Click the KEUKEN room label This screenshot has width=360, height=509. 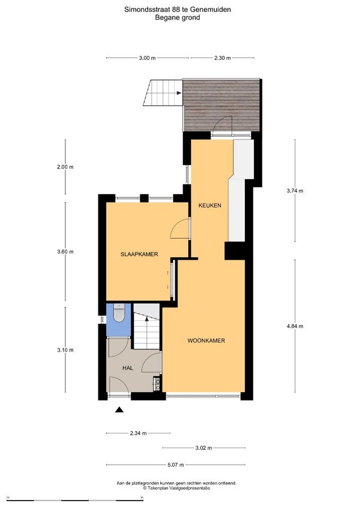[x=210, y=205]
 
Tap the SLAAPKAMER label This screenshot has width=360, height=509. [x=139, y=254]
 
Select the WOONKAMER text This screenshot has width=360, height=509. [x=206, y=341]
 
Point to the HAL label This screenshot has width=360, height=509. [x=128, y=368]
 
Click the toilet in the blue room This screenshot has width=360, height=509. [x=119, y=313]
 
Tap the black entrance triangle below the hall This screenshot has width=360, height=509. [x=119, y=409]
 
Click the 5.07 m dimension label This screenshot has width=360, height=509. [x=175, y=465]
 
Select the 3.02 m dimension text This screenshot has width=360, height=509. [x=204, y=448]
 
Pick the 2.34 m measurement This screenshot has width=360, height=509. [x=138, y=433]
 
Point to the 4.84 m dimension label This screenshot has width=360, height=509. [x=295, y=326]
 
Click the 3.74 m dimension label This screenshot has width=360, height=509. [x=295, y=191]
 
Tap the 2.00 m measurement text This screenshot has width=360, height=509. [x=65, y=167]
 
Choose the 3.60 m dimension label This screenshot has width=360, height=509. [x=65, y=252]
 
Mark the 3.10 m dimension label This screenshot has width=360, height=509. [x=65, y=350]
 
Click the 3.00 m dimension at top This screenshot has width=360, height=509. [x=147, y=58]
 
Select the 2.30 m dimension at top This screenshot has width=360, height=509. [x=223, y=58]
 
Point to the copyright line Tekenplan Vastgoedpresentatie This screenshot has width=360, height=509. [x=176, y=488]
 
